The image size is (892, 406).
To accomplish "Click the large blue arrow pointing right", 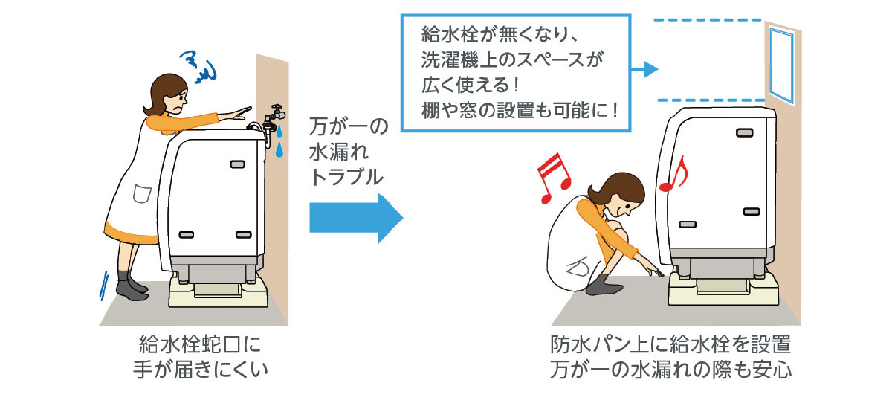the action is pyautogui.click(x=356, y=218).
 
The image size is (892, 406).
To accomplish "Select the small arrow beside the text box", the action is pyautogui.click(x=644, y=69).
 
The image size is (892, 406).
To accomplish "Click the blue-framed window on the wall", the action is pyautogui.click(x=781, y=65).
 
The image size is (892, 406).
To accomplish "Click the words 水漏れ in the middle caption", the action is pyautogui.click(x=338, y=152).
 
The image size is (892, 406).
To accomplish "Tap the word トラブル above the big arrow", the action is pyautogui.click(x=346, y=177).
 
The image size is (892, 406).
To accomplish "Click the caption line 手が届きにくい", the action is pyautogui.click(x=201, y=370).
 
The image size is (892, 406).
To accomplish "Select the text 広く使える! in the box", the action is pyautogui.click(x=471, y=85).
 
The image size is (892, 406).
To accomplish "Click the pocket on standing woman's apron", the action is pyautogui.click(x=142, y=193).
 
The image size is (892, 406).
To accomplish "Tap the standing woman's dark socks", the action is pyautogui.click(x=132, y=286).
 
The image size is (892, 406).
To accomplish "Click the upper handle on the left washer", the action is pyautogui.click(x=237, y=164).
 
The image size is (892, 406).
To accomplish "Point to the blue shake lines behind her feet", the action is pyautogui.click(x=104, y=286).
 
